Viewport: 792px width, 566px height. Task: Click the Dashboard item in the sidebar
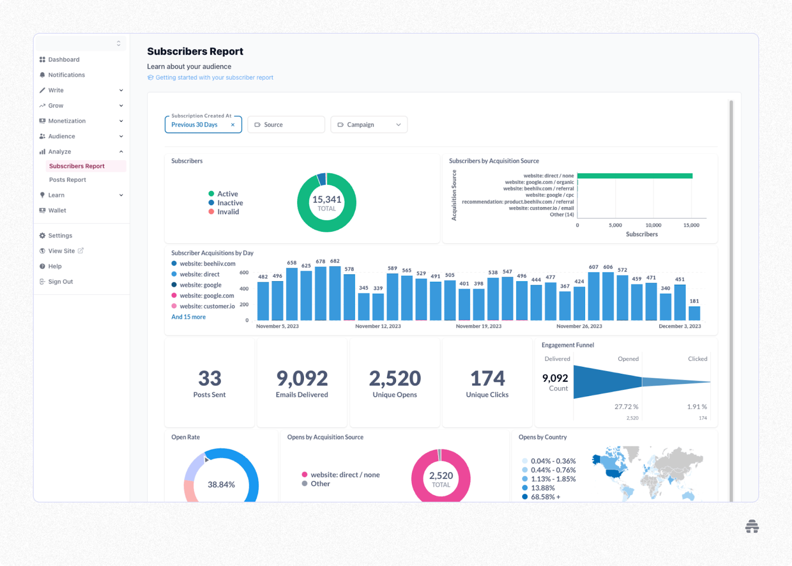pyautogui.click(x=63, y=59)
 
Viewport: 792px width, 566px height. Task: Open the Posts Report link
pyautogui.click(x=67, y=180)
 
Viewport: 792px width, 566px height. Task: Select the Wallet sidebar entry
pyautogui.click(x=57, y=210)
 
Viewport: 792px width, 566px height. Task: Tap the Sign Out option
pyautogui.click(x=60, y=282)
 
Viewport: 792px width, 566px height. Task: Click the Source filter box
pyautogui.click(x=286, y=125)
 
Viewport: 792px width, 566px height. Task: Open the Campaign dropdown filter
pyautogui.click(x=369, y=125)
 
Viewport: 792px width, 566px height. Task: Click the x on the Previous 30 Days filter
pyautogui.click(x=233, y=125)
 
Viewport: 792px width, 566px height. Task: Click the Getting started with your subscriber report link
pyautogui.click(x=214, y=78)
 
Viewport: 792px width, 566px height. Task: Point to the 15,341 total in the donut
pyautogui.click(x=327, y=200)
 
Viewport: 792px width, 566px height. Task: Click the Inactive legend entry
pyautogui.click(x=230, y=203)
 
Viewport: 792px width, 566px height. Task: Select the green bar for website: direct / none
pyautogui.click(x=635, y=176)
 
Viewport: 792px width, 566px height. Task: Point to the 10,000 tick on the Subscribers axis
pyautogui.click(x=653, y=225)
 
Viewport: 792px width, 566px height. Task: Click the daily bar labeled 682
pyautogui.click(x=335, y=293)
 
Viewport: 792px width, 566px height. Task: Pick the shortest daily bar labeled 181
pyautogui.click(x=694, y=313)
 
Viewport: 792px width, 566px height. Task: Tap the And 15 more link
pyautogui.click(x=189, y=317)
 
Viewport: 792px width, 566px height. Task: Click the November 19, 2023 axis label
pyautogui.click(x=479, y=326)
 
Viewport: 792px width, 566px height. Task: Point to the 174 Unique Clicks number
pyautogui.click(x=488, y=379)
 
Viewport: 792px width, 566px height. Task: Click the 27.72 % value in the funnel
pyautogui.click(x=626, y=407)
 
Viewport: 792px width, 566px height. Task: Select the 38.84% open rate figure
pyautogui.click(x=221, y=484)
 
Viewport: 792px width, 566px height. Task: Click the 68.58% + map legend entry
pyautogui.click(x=545, y=497)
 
